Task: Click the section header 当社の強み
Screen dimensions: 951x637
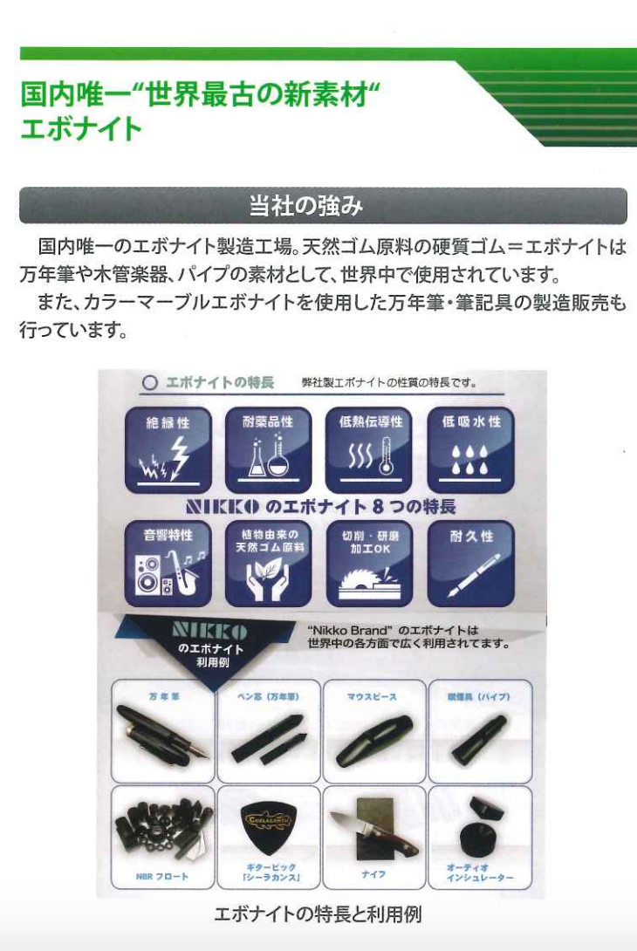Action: [305, 207]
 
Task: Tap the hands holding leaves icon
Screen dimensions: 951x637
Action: [268, 578]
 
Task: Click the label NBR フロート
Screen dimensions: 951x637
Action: [163, 875]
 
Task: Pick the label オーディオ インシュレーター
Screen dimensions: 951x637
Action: [479, 873]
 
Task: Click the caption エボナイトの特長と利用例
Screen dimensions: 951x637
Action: [318, 915]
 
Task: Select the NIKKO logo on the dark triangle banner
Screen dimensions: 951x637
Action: [209, 630]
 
